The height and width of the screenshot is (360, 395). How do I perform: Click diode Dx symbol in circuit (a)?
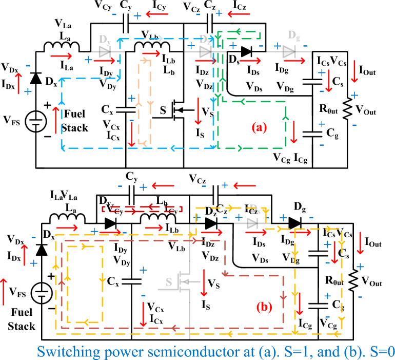(35, 79)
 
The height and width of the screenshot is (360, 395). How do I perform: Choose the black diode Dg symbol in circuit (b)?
(294, 223)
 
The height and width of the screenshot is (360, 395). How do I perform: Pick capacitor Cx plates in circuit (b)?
(132, 281)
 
